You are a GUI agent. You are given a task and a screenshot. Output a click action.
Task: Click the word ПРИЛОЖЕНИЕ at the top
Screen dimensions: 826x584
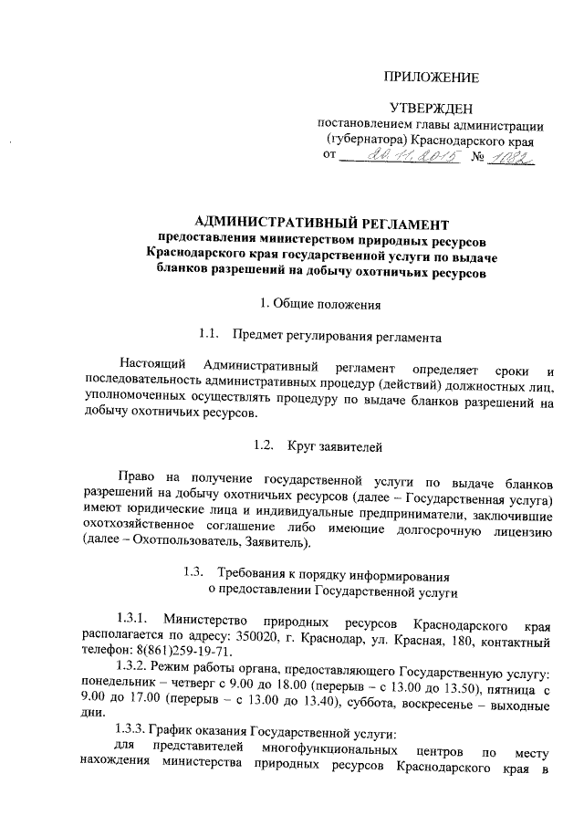coord(432,78)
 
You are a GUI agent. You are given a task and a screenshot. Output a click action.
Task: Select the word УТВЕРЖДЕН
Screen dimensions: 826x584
coord(431,110)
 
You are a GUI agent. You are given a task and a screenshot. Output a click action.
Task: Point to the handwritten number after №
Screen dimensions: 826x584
coord(513,158)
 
